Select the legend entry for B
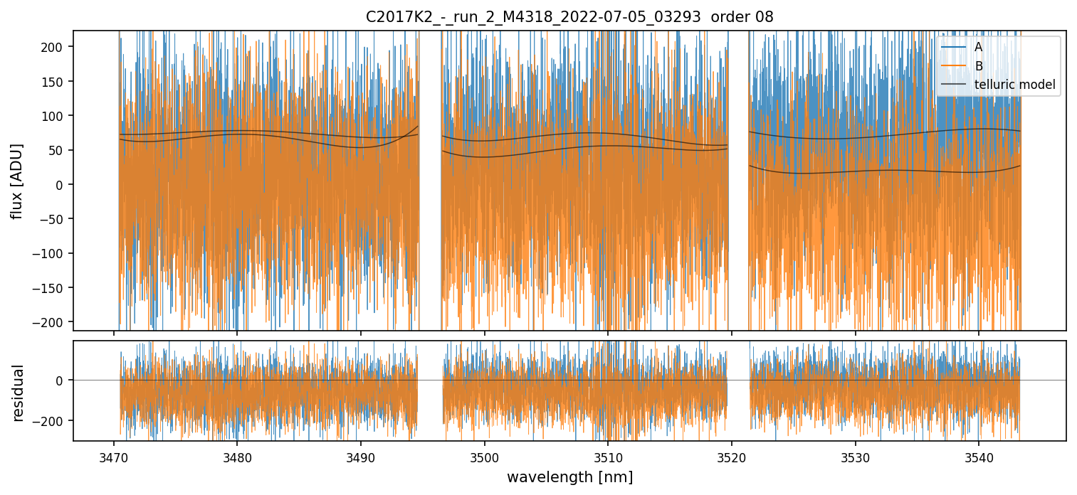[979, 66]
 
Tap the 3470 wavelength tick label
[114, 456]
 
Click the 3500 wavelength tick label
[484, 456]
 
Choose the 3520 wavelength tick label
[731, 456]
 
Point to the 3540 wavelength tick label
[978, 456]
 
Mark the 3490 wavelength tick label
[361, 456]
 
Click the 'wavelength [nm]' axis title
[569, 477]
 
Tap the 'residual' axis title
[18, 393]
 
